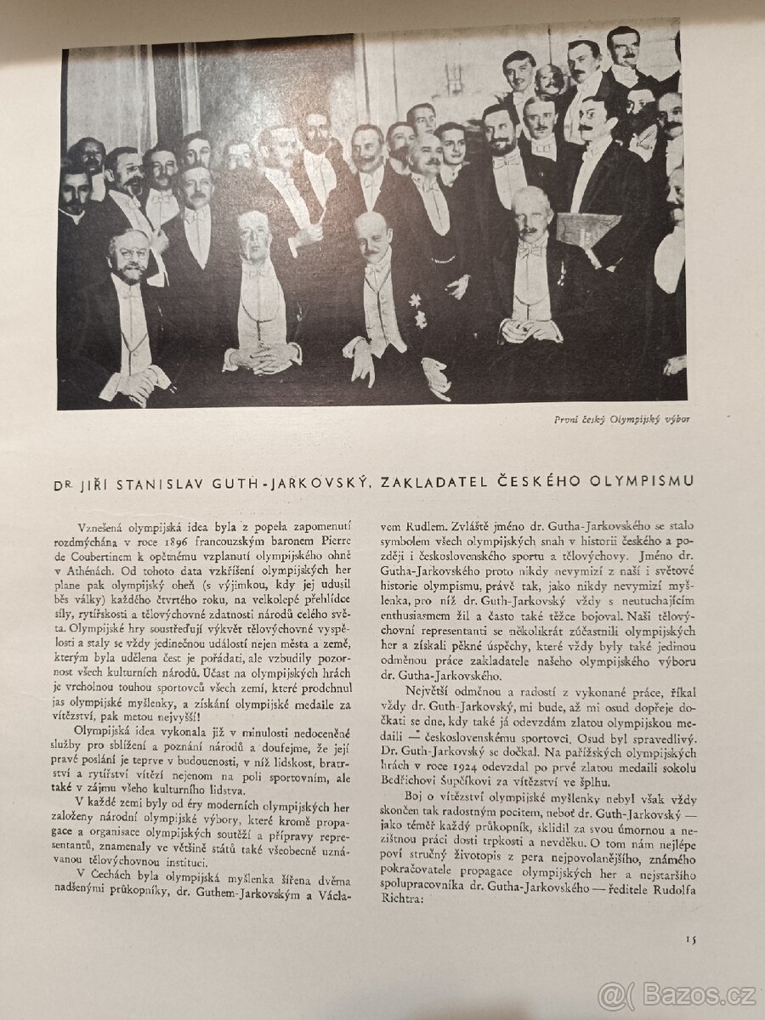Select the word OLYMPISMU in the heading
pos(645,482)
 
